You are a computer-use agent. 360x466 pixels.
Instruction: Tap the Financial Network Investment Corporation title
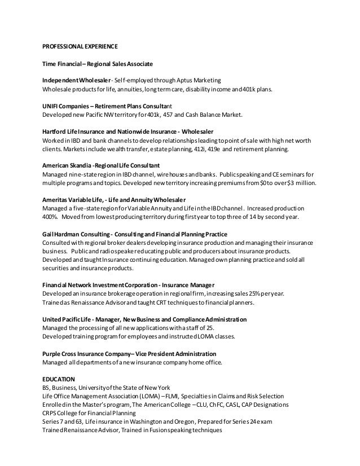pos(134,285)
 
